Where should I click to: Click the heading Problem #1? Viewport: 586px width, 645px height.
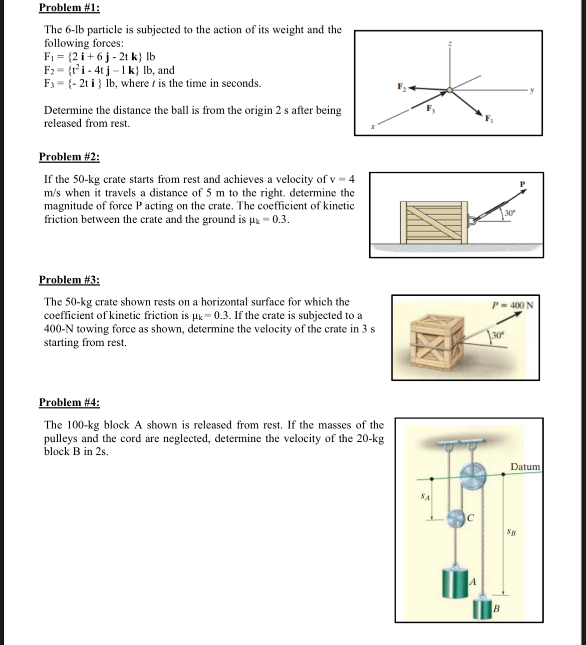[x=69, y=8]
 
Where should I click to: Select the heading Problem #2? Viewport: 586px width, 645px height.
[x=69, y=157]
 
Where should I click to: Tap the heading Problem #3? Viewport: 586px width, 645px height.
[x=69, y=280]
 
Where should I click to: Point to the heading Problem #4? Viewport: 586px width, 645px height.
[x=69, y=402]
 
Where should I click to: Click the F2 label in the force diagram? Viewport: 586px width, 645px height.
[x=402, y=86]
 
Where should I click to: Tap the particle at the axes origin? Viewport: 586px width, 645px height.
[x=450, y=90]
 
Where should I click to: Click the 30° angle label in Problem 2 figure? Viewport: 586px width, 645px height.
[x=509, y=213]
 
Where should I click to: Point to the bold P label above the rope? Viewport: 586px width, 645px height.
[x=522, y=184]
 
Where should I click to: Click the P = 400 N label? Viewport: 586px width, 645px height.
[x=513, y=304]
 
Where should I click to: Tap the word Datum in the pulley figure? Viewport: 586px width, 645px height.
[x=525, y=466]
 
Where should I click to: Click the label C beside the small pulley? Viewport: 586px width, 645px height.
[x=470, y=517]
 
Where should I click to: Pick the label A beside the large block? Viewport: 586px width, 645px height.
[x=473, y=582]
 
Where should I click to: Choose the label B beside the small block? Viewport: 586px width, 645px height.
[x=496, y=609]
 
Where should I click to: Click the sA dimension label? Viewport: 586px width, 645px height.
[x=425, y=497]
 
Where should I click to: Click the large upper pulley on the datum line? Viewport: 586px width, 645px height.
[x=473, y=475]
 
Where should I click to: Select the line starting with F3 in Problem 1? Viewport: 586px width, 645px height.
[x=152, y=84]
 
